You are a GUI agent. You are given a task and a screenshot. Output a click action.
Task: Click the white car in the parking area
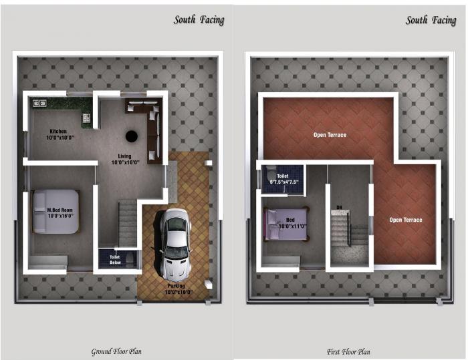pyautogui.click(x=176, y=243)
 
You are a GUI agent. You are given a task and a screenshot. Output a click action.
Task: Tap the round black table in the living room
pyautogui.click(x=132, y=136)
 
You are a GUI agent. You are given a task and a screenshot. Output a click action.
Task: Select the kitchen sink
pyautogui.click(x=37, y=104)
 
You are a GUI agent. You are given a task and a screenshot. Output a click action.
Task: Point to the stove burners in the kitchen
pyautogui.click(x=86, y=119)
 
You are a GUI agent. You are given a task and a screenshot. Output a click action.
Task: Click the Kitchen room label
pyautogui.click(x=60, y=134)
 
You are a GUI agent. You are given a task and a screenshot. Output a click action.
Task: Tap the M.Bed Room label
pyautogui.click(x=60, y=213)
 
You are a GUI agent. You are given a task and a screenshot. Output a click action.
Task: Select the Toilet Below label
pyautogui.click(x=114, y=258)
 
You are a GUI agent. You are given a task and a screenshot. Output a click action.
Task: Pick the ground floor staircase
pyautogui.click(x=127, y=224)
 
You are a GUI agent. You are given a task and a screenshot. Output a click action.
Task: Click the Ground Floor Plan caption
pyautogui.click(x=116, y=351)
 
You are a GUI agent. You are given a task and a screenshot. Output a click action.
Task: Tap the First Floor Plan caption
pyautogui.click(x=348, y=351)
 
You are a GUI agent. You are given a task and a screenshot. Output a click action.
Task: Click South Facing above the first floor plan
pyautogui.click(x=431, y=20)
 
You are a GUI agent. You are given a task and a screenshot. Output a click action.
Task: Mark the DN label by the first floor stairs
pyautogui.click(x=340, y=206)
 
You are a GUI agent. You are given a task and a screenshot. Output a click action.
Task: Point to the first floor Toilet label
pyautogui.click(x=283, y=178)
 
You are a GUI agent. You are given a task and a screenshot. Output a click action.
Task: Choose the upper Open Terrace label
pyautogui.click(x=330, y=135)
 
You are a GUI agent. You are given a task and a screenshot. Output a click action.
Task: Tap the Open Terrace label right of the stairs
pyautogui.click(x=406, y=220)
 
